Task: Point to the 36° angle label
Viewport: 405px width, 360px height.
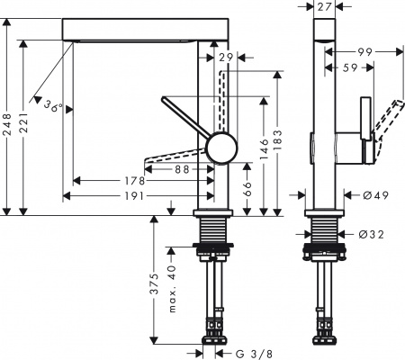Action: point(53,106)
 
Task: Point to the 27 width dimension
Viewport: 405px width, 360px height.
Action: point(326,8)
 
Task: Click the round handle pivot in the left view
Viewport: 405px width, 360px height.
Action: point(220,148)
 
